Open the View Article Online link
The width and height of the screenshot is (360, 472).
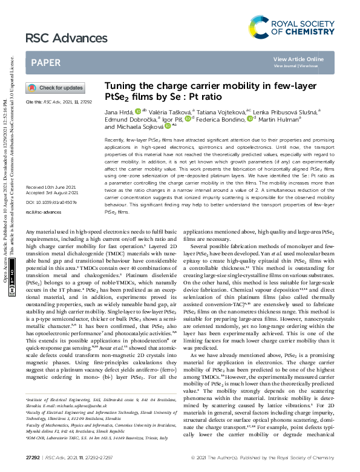298,59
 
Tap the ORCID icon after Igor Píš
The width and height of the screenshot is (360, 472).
188,119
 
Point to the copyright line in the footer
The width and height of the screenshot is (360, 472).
284,457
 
